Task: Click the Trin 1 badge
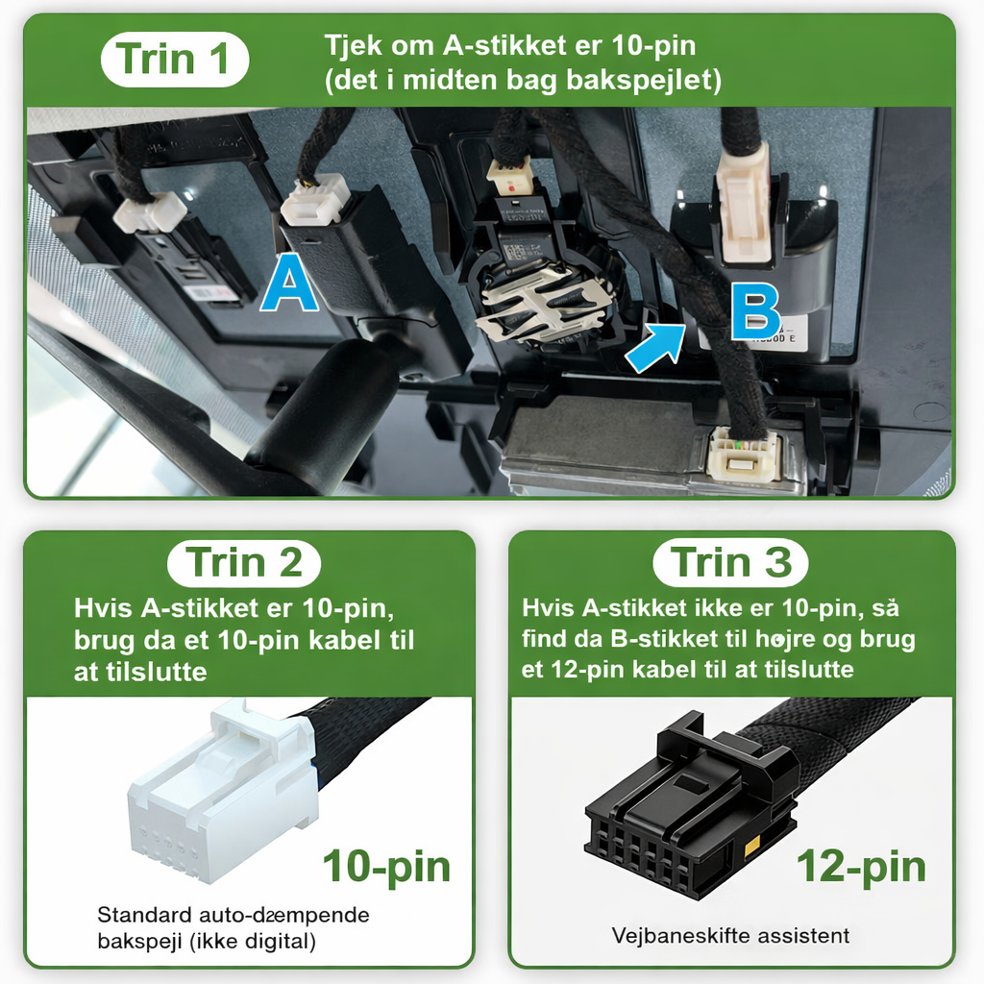(x=175, y=59)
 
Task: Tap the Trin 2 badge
(x=244, y=562)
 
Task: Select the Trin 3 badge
(x=730, y=561)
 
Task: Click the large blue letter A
(x=289, y=283)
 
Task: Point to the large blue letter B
(x=755, y=312)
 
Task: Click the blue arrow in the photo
(x=655, y=348)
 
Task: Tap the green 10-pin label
(x=386, y=868)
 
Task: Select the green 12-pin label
(x=861, y=868)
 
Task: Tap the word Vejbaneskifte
(x=680, y=936)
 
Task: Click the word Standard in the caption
(x=144, y=915)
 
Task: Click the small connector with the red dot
(x=511, y=177)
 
